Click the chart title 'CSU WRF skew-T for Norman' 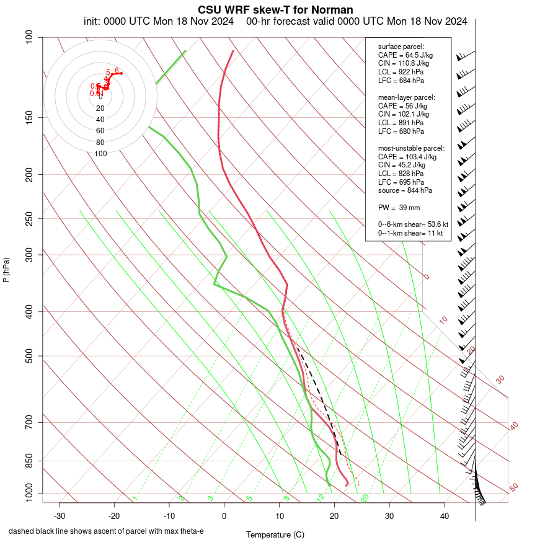275,10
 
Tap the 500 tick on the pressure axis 29,356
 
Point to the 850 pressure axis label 29,461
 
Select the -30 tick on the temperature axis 60,516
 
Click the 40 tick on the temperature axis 445,516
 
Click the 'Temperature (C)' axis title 275,534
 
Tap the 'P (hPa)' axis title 6,270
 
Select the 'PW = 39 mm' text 399,207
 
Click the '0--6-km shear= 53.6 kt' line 413,224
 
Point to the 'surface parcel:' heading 401,46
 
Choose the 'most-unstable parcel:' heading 411,148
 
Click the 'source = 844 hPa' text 405,190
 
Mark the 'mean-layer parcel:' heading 406,97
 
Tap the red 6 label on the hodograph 117,71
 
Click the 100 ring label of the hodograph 100,154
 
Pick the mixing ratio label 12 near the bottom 321,497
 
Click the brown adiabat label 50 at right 513,487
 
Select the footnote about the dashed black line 106,531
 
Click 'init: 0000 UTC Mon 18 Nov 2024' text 159,22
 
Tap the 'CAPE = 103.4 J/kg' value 407,157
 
